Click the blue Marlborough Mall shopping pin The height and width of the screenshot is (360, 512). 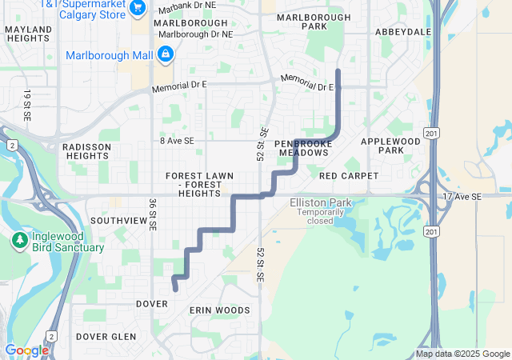(165, 54)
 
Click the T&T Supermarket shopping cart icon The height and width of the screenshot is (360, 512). (138, 7)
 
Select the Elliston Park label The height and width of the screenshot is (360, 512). (318, 203)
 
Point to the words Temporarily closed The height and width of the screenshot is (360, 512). (318, 217)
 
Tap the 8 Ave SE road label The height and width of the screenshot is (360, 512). (177, 141)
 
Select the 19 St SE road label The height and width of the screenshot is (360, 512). (27, 105)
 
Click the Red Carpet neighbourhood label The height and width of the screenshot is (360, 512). (343, 175)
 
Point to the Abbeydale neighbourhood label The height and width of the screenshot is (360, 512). (402, 32)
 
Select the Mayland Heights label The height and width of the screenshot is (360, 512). (28, 34)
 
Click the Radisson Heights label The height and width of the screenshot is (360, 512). (86, 151)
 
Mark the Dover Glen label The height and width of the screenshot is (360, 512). (106, 337)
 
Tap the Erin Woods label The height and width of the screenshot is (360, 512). (219, 310)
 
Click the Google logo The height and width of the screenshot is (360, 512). (26, 350)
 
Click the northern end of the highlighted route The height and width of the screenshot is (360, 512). (338, 71)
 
